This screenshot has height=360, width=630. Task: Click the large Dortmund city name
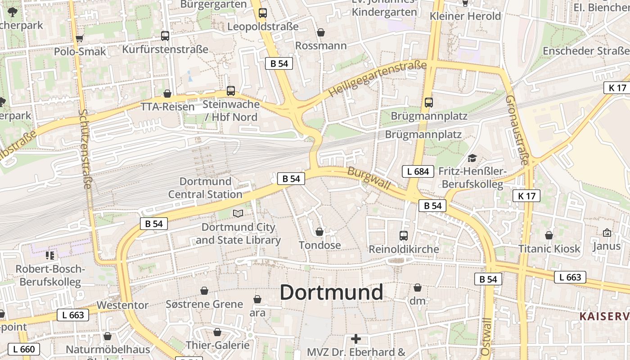pyautogui.click(x=331, y=292)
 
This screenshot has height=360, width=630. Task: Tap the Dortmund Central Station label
pyautogui.click(x=205, y=188)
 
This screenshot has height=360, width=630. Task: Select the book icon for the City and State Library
pyautogui.click(x=238, y=213)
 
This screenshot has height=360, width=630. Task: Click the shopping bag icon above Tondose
pyautogui.click(x=319, y=232)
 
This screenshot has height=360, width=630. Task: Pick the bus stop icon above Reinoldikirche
pyautogui.click(x=404, y=235)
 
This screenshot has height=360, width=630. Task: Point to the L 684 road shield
pyautogui.click(x=418, y=171)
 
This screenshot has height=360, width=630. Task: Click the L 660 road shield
pyautogui.click(x=23, y=349)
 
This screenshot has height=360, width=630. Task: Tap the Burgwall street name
pyautogui.click(x=368, y=179)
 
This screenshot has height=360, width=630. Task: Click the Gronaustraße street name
pyautogui.click(x=517, y=130)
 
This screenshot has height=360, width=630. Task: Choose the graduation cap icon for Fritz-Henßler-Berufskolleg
pyautogui.click(x=472, y=158)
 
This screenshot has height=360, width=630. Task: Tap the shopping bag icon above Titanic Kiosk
pyautogui.click(x=549, y=235)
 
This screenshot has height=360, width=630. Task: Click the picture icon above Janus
pyautogui.click(x=607, y=233)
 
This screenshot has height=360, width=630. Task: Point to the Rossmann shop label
pyautogui.click(x=321, y=46)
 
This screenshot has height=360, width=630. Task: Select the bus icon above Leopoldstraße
pyautogui.click(x=263, y=13)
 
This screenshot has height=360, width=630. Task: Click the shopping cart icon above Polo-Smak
pyautogui.click(x=80, y=38)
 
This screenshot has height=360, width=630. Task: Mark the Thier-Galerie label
pyautogui.click(x=218, y=345)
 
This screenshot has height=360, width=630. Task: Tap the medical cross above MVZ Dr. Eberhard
pyautogui.click(x=356, y=338)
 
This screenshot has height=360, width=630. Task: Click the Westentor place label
pyautogui.click(x=122, y=305)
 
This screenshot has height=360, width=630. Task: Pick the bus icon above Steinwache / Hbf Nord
pyautogui.click(x=231, y=90)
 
